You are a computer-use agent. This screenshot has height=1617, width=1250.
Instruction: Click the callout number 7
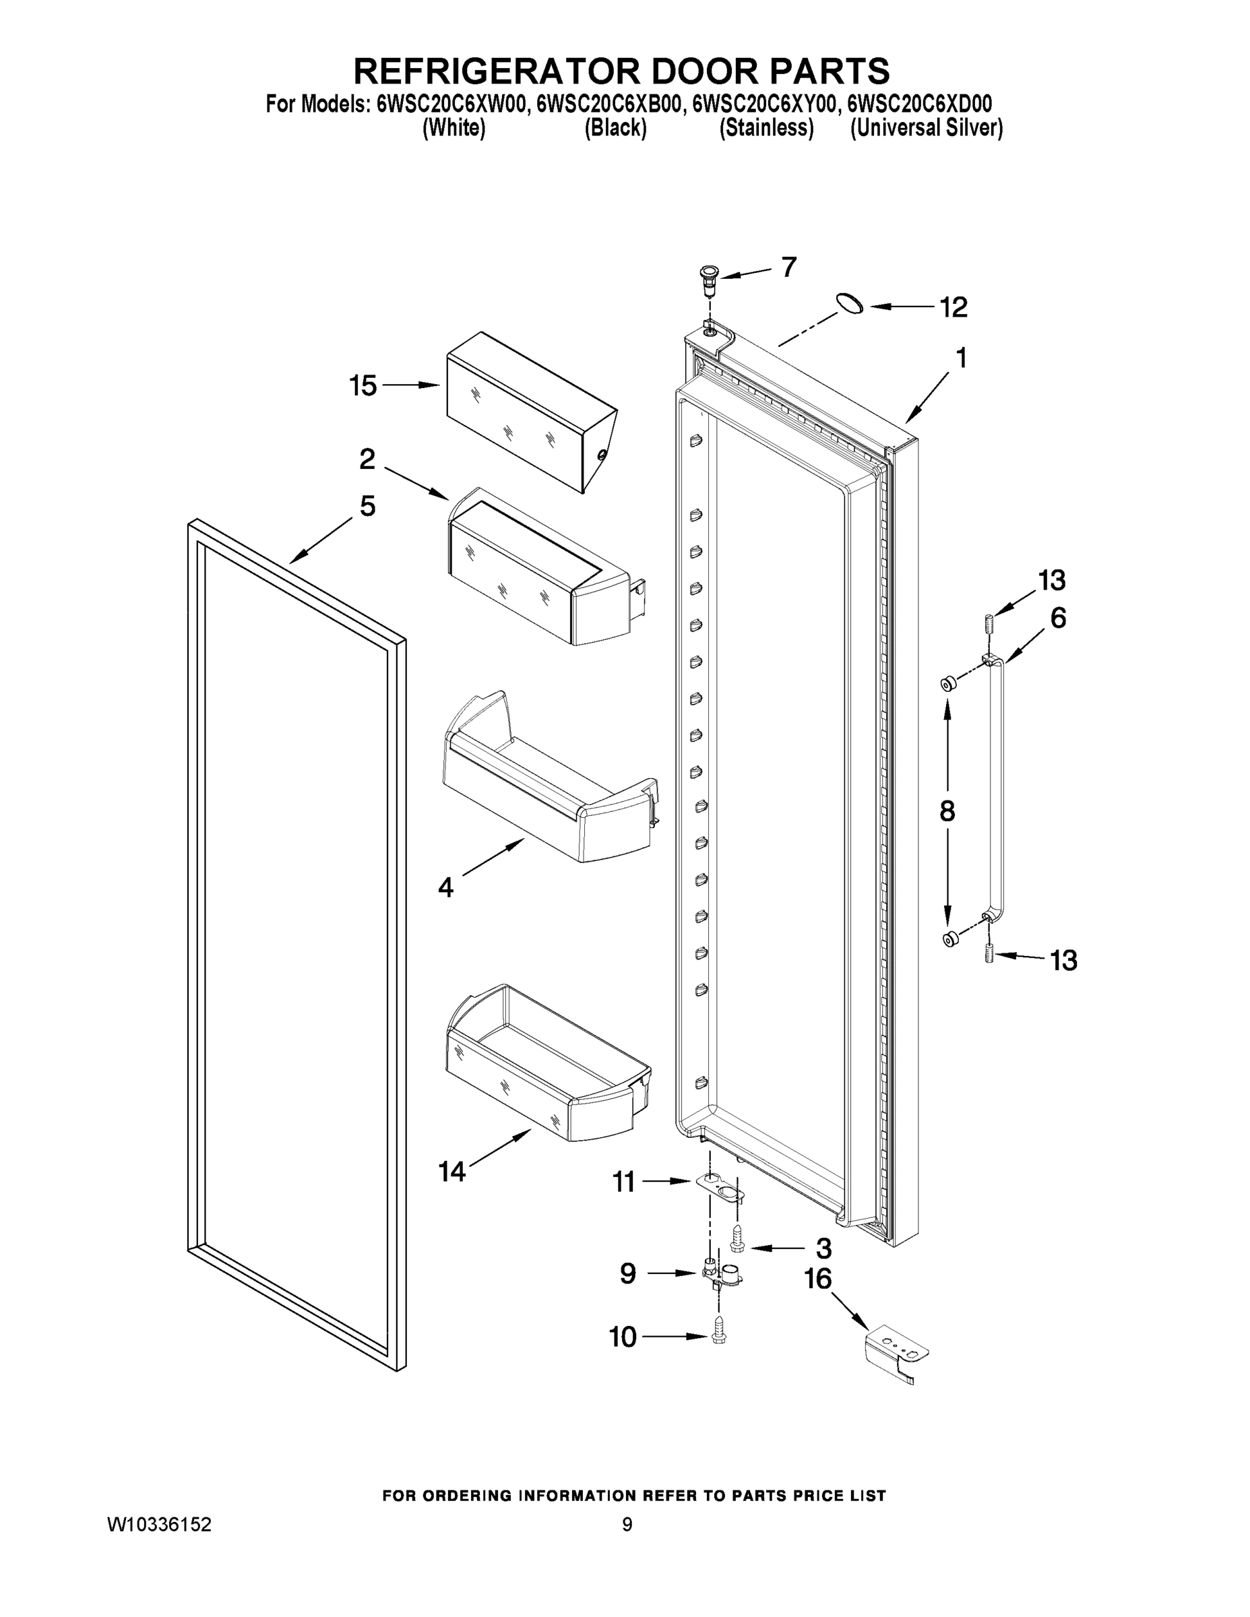click(x=789, y=267)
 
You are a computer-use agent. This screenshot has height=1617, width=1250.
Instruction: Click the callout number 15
click(x=363, y=386)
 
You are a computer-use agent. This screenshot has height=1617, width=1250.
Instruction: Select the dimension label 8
click(x=947, y=811)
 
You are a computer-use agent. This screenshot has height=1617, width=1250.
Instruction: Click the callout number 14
click(x=451, y=1171)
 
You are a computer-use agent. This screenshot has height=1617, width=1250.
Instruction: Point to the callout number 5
click(x=367, y=507)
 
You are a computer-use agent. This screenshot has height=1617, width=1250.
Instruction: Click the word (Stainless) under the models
click(x=766, y=129)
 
